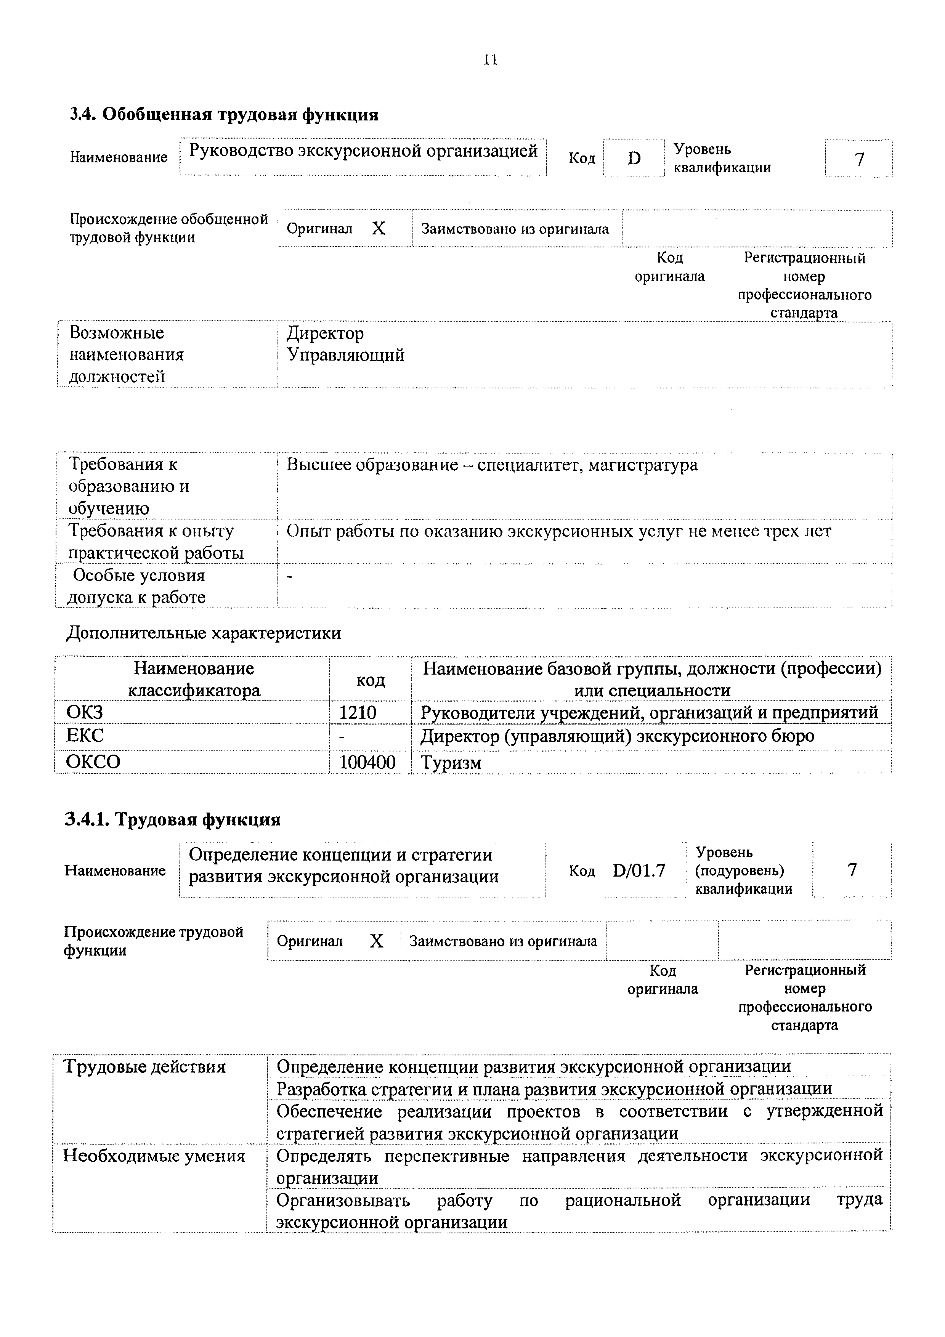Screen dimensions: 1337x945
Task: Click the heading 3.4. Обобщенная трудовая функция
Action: pos(224,115)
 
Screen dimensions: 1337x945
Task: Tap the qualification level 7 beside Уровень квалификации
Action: pos(859,159)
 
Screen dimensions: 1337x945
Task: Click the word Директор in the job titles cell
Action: pos(325,333)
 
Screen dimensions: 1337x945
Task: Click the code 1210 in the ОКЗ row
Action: pos(358,712)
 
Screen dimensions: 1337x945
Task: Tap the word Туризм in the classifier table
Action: pos(451,762)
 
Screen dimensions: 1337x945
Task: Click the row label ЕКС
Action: pos(85,736)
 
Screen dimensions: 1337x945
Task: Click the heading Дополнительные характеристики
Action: pos(204,633)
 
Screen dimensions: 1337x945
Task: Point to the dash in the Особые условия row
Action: pos(290,576)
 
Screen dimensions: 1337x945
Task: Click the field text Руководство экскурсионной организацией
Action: pos(363,151)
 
